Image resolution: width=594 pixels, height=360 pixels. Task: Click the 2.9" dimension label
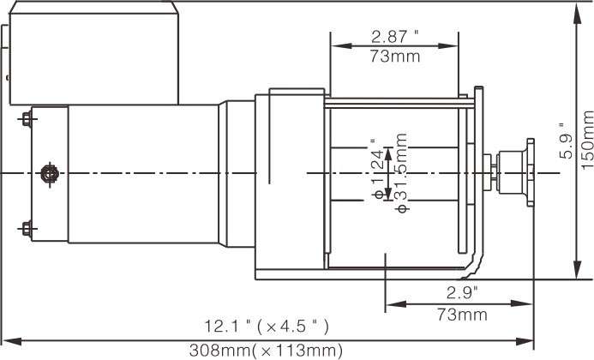click(x=462, y=291)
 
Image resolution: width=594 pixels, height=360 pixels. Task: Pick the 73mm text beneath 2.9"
click(x=462, y=315)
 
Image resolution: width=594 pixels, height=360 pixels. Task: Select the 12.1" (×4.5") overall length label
click(x=266, y=327)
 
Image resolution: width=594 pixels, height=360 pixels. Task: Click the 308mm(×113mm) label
click(x=266, y=351)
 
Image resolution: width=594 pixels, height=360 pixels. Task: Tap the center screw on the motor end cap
click(x=49, y=174)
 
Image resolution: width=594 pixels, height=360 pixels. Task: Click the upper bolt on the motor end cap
click(x=26, y=117)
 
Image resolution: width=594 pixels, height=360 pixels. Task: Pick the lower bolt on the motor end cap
click(x=26, y=229)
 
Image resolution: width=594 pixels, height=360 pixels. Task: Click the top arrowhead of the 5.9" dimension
click(x=574, y=9)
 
